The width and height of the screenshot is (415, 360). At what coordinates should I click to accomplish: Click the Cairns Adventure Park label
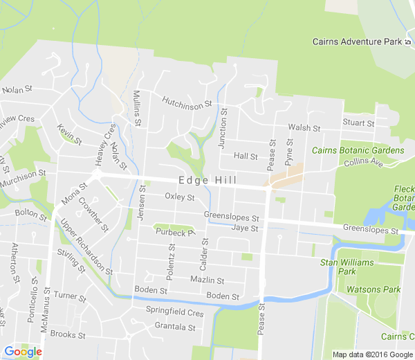click(x=356, y=42)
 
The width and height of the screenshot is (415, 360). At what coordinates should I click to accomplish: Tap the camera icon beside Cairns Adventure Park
click(x=407, y=42)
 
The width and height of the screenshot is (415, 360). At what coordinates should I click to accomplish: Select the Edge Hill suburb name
click(x=207, y=181)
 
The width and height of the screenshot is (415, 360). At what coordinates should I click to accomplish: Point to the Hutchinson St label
click(x=186, y=102)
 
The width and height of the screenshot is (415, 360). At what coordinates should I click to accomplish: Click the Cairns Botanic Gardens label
click(x=358, y=150)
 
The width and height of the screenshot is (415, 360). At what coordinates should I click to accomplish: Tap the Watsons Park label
click(x=373, y=289)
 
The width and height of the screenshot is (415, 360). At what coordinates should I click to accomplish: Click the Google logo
click(x=23, y=352)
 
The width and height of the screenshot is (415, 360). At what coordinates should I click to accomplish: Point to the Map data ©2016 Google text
click(x=373, y=354)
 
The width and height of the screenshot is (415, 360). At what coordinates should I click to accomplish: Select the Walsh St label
click(x=304, y=128)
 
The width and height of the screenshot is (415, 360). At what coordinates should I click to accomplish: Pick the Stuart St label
click(x=358, y=123)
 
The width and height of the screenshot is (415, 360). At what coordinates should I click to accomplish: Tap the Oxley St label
click(x=180, y=197)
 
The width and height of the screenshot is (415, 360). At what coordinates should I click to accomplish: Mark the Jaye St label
click(x=245, y=228)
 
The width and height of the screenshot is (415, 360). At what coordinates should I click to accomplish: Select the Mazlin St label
click(x=207, y=280)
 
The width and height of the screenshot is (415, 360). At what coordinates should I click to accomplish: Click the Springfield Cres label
click(x=174, y=312)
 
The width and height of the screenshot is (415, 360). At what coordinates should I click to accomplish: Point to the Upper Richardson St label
click(x=86, y=246)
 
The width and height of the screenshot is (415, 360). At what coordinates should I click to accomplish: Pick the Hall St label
click(x=246, y=156)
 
